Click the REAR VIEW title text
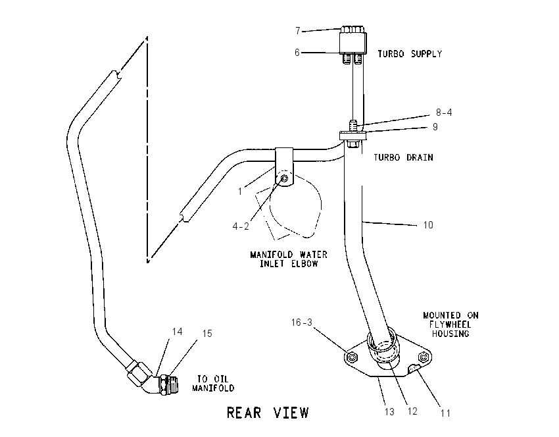click(268, 413)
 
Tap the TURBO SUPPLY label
click(410, 54)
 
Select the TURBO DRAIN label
click(403, 157)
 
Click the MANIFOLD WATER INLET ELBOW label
click(289, 259)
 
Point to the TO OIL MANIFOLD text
click(213, 384)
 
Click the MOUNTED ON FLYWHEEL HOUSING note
click(450, 324)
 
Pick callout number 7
click(298, 31)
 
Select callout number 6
click(297, 53)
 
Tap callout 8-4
click(444, 113)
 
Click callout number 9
click(435, 127)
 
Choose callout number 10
click(428, 224)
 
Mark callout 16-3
click(302, 322)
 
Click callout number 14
click(177, 332)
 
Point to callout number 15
click(207, 334)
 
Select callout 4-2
click(241, 226)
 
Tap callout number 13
click(390, 412)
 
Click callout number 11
click(445, 413)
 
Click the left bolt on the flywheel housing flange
click(352, 357)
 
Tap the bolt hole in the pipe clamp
click(285, 178)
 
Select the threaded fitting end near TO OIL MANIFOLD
click(172, 384)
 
